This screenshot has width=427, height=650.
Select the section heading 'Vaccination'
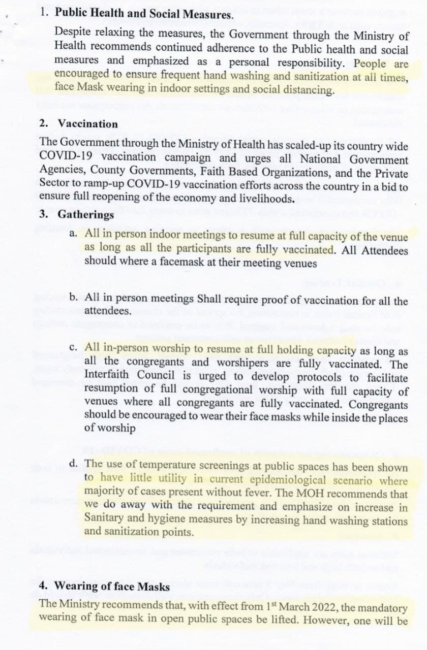[x=87, y=123]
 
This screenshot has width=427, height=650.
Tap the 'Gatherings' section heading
[x=86, y=214]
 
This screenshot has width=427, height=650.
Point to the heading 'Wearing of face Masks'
[x=111, y=586]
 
